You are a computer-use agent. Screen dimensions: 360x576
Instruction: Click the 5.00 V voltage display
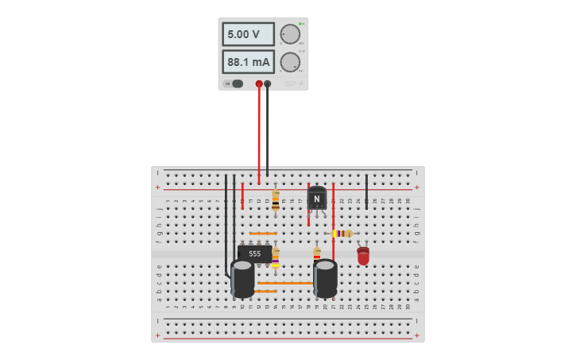pyautogui.click(x=248, y=34)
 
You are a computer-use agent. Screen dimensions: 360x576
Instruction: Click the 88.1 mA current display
pyautogui.click(x=248, y=62)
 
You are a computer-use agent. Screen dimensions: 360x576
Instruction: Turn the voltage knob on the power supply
pyautogui.click(x=290, y=34)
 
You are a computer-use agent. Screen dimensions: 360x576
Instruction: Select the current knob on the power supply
pyautogui.click(x=290, y=62)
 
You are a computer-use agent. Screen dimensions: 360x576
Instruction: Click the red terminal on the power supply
pyautogui.click(x=259, y=83)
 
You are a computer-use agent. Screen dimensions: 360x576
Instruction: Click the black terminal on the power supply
pyautogui.click(x=268, y=83)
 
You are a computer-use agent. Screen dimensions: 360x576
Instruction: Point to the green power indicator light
pyautogui.click(x=300, y=24)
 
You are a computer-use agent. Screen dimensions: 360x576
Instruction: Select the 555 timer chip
pyautogui.click(x=254, y=254)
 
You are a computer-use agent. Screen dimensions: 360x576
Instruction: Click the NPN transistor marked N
pyautogui.click(x=317, y=199)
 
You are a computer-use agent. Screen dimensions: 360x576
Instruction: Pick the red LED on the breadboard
pyautogui.click(x=363, y=255)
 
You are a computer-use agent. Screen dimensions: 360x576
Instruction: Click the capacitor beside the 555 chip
pyautogui.click(x=242, y=278)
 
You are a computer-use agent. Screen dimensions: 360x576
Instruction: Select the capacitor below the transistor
pyautogui.click(x=325, y=278)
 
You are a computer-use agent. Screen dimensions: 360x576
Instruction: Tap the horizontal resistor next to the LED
pyautogui.click(x=342, y=233)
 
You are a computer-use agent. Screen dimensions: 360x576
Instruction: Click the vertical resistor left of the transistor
pyautogui.click(x=276, y=201)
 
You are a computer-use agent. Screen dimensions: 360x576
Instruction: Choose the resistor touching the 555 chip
pyautogui.click(x=276, y=256)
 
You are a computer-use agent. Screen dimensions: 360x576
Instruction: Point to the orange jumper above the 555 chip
pyautogui.click(x=263, y=234)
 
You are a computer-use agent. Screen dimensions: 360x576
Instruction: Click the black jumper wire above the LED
pyautogui.click(x=366, y=191)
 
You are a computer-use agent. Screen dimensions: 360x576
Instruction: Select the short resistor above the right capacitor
pyautogui.click(x=317, y=254)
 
